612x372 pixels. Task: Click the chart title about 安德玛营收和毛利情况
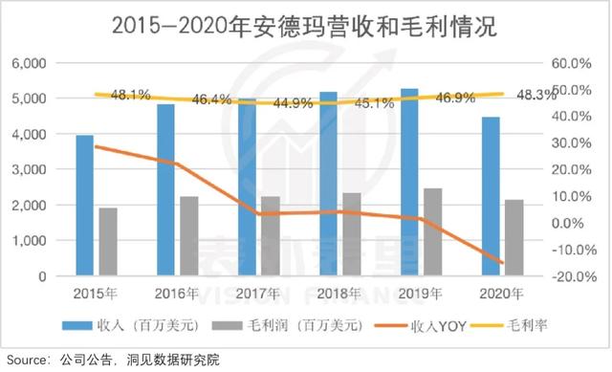tap(305, 26)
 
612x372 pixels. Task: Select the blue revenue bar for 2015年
tap(85, 206)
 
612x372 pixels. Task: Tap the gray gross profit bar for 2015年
tap(108, 242)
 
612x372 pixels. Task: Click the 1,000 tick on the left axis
tap(31, 241)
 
